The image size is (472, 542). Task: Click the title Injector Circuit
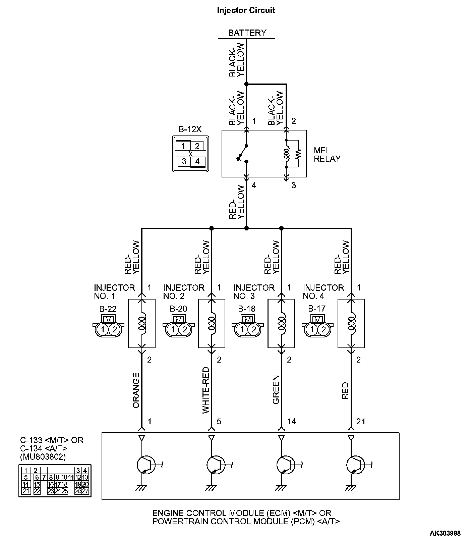click(246, 10)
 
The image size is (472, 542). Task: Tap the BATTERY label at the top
click(247, 33)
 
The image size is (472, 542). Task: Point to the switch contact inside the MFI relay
click(242, 154)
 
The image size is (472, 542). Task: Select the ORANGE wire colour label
click(136, 390)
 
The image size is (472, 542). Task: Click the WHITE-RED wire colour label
click(206, 390)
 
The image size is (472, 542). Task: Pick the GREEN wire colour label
click(276, 390)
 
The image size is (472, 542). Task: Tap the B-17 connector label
click(317, 308)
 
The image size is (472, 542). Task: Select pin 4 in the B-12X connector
click(197, 162)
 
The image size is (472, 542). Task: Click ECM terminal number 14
click(292, 421)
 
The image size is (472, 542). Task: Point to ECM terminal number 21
click(361, 421)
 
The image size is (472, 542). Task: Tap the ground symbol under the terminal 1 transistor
click(141, 488)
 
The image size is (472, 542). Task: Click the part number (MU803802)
click(43, 456)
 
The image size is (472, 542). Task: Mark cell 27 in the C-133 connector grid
click(85, 491)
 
